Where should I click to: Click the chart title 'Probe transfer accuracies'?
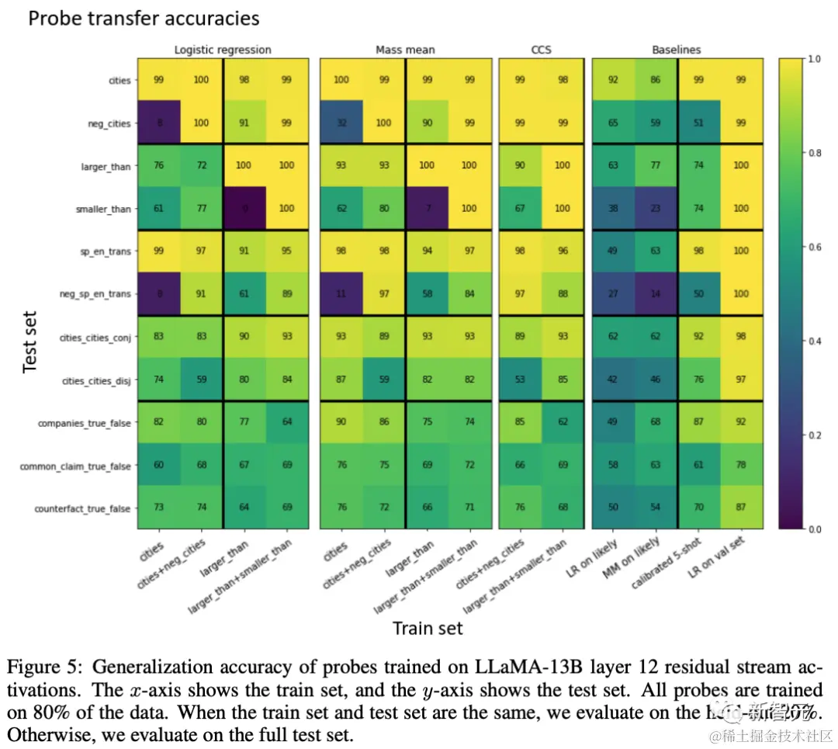coord(144,19)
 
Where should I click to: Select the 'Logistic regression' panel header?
coord(223,50)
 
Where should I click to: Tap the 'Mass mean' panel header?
coord(405,50)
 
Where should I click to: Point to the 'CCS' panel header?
coord(541,50)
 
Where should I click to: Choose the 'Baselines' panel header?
coord(676,50)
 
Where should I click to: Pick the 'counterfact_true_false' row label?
coord(83,508)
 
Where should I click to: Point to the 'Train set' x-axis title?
coord(428,628)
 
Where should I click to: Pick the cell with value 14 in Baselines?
coord(656,294)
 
